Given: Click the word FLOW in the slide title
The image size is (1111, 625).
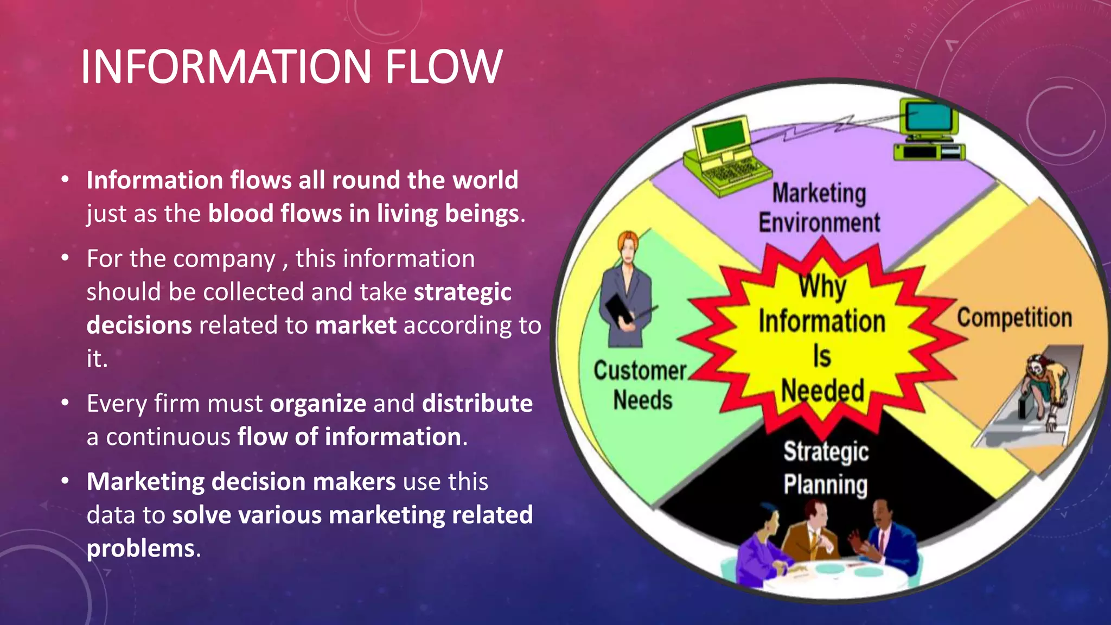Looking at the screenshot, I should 443,67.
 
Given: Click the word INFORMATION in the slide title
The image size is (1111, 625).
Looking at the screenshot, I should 226,67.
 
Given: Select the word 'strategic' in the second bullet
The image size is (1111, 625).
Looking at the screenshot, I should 463,292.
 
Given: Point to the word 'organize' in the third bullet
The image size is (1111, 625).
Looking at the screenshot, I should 318,404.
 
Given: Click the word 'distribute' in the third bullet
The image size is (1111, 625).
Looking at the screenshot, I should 477,404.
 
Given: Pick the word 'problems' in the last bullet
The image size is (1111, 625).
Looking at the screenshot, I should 141,548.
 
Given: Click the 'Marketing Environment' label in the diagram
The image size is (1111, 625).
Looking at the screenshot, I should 819,208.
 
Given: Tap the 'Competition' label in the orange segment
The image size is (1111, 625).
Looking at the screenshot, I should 1014,318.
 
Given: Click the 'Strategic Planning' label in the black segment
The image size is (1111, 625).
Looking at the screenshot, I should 826,468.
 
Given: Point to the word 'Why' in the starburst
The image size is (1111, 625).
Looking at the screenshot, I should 822,286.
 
